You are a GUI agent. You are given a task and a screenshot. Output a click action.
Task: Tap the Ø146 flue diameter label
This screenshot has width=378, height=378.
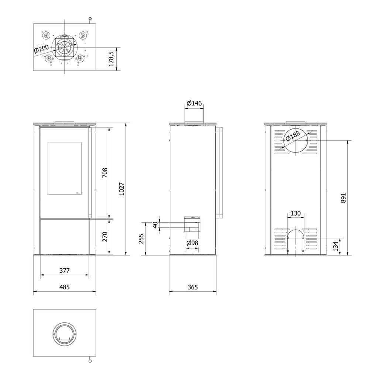(194, 103)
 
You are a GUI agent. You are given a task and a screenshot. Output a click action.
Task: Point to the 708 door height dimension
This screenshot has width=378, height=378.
(105, 172)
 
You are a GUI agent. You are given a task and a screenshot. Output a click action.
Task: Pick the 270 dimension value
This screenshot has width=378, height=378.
(105, 237)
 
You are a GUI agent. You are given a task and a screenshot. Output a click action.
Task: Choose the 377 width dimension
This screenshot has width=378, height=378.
(64, 271)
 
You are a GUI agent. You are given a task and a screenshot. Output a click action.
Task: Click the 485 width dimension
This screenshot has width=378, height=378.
(64, 287)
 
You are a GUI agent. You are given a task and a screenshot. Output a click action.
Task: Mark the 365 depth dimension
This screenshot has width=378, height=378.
(193, 287)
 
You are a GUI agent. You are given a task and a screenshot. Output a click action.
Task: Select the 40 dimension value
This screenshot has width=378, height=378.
(155, 224)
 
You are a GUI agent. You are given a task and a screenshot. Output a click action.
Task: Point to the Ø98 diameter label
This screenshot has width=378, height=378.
(192, 243)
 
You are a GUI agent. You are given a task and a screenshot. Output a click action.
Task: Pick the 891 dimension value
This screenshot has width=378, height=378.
(344, 197)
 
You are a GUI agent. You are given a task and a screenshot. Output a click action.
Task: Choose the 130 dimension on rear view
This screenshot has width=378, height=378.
(296, 213)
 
